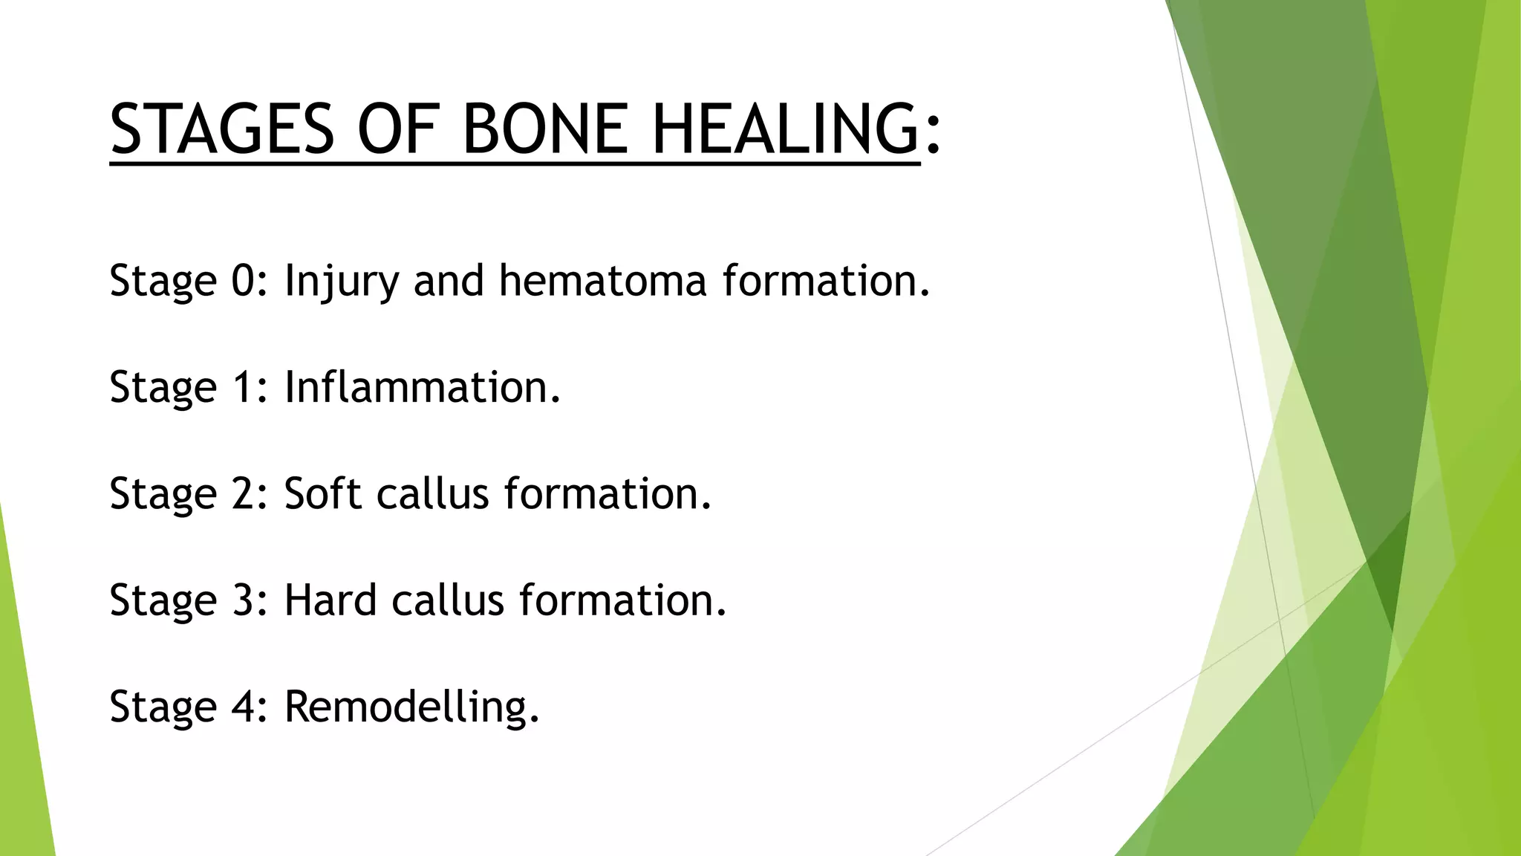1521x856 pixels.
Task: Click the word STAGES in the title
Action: coord(222,129)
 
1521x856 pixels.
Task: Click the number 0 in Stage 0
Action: coord(243,281)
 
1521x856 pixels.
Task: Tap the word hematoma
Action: coord(602,281)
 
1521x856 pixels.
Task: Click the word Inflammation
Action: coord(422,387)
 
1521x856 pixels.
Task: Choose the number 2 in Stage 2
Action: coord(243,493)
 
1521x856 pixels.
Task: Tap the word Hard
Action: coord(330,600)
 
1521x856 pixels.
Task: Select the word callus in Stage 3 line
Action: coord(448,600)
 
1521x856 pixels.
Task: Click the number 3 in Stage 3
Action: coord(243,600)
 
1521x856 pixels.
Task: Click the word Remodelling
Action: coord(411,706)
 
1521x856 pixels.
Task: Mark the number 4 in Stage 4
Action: coord(243,706)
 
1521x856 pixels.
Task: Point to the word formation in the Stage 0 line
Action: coord(824,281)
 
